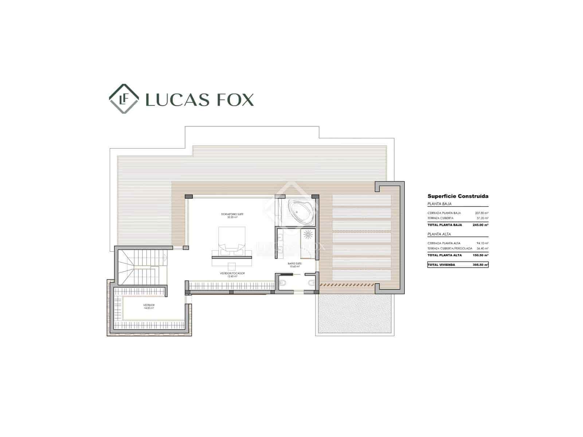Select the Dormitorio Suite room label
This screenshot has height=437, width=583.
[230, 215]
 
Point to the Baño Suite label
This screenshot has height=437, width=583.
[294, 264]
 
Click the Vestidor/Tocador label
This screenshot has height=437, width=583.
[232, 275]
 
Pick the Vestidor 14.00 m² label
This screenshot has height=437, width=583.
[149, 306]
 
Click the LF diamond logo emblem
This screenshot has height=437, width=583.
[124, 99]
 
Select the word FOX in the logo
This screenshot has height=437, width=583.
[235, 99]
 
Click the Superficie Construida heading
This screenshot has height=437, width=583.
[458, 196]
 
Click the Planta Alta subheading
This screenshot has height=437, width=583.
[439, 234]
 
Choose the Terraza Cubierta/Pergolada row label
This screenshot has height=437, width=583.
[450, 248]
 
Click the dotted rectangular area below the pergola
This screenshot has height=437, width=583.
[355, 314]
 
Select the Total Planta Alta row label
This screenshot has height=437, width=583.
[445, 255]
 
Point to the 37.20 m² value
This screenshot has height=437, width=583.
[482, 218]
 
